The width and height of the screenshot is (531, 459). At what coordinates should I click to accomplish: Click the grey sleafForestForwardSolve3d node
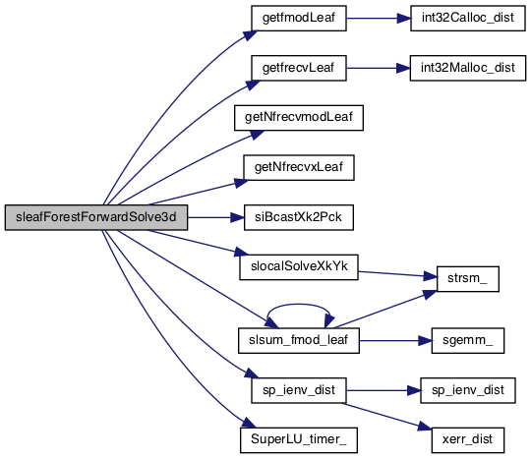pyautogui.click(x=96, y=217)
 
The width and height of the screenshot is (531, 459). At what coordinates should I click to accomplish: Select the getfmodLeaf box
pyautogui.click(x=299, y=19)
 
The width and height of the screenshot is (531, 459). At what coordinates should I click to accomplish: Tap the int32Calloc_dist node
pyautogui.click(x=468, y=19)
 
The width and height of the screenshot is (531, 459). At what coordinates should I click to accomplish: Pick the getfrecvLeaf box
pyautogui.click(x=299, y=68)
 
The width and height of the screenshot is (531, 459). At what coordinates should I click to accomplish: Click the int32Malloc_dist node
pyautogui.click(x=468, y=68)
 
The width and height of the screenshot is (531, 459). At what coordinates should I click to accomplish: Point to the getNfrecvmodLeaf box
pyautogui.click(x=299, y=118)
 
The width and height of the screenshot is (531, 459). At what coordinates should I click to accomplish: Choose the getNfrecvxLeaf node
pyautogui.click(x=299, y=167)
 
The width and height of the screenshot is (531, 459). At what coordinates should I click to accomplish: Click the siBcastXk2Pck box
pyautogui.click(x=299, y=217)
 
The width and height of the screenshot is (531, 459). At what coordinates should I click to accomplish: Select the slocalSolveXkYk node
pyautogui.click(x=299, y=267)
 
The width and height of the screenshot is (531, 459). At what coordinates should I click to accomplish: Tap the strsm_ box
pyautogui.click(x=468, y=279)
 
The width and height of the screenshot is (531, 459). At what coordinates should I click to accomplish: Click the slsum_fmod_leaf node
pyautogui.click(x=299, y=340)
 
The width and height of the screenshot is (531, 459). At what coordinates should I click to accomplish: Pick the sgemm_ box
pyautogui.click(x=468, y=340)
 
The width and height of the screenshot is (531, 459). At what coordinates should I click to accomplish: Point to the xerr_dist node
pyautogui.click(x=468, y=440)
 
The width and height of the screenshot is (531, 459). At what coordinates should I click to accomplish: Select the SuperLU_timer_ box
pyautogui.click(x=299, y=440)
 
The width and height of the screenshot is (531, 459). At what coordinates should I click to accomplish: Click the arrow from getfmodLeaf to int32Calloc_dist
pyautogui.click(x=379, y=19)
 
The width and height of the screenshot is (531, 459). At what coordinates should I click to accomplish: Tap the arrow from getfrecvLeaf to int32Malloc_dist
pyautogui.click(x=378, y=68)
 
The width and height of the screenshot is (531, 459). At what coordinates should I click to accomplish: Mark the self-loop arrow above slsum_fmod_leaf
pyautogui.click(x=298, y=305)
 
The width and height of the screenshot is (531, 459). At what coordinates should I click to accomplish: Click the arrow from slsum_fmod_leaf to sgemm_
pyautogui.click(x=395, y=340)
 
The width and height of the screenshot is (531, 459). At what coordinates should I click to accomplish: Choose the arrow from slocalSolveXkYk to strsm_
pyautogui.click(x=397, y=274)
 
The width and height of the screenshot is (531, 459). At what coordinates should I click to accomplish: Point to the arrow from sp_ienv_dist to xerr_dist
pyautogui.click(x=387, y=417)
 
